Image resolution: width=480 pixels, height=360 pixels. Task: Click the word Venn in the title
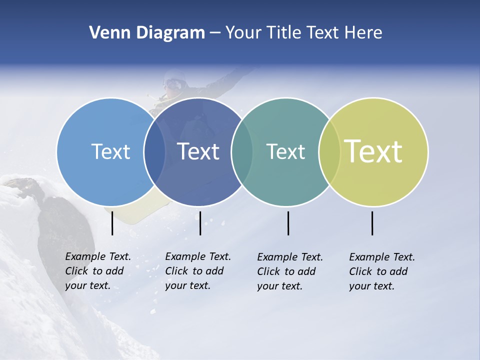click(x=106, y=33)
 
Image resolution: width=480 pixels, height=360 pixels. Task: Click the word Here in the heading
click(x=363, y=33)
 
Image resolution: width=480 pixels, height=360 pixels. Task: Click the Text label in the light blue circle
click(x=110, y=151)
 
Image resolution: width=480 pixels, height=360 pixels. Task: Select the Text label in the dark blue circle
click(x=198, y=151)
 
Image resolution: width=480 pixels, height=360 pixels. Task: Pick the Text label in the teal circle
click(x=285, y=151)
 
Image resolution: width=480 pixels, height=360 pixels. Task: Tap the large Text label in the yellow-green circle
click(x=373, y=151)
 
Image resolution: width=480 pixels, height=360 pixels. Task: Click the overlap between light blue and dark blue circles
click(x=154, y=152)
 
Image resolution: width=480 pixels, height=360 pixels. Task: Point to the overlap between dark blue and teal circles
click(x=242, y=152)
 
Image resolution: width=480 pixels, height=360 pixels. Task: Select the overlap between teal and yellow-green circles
click(x=329, y=152)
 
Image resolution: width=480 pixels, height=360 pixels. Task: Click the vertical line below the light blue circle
click(x=112, y=223)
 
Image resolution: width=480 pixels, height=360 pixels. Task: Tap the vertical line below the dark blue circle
click(x=200, y=223)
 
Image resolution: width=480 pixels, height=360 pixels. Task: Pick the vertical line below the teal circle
click(x=288, y=223)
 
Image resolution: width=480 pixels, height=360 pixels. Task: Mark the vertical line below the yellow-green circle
click(x=372, y=223)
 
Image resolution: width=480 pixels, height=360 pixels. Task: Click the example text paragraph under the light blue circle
click(x=97, y=271)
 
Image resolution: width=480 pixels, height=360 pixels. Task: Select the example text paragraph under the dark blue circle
click(x=197, y=271)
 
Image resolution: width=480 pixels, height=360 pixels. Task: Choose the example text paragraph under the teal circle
click(x=289, y=271)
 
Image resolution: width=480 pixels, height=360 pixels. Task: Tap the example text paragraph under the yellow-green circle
click(x=381, y=271)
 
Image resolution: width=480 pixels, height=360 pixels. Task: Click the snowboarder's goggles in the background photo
click(x=172, y=82)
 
